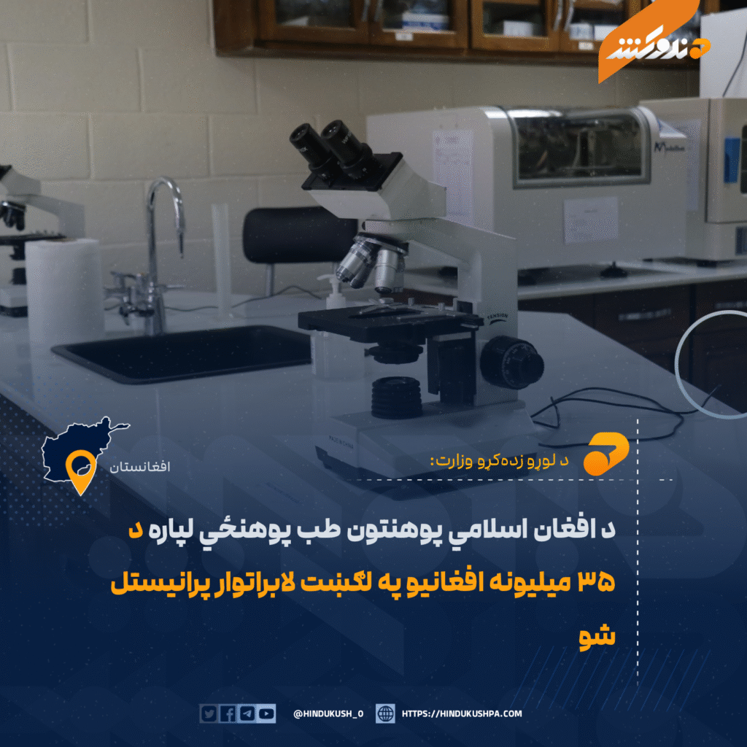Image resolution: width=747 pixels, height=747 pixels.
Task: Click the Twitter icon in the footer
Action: tap(209, 713)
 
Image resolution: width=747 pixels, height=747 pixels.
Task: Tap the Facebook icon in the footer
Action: tap(228, 713)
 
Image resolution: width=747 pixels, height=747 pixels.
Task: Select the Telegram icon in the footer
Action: tap(247, 713)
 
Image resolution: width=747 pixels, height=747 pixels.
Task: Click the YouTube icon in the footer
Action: tap(266, 713)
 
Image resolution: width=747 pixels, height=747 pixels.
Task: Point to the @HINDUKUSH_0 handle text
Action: tap(328, 713)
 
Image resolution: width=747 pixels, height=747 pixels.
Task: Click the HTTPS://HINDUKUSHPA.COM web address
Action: tap(462, 713)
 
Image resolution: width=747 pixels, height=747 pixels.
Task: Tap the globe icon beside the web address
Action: tap(385, 713)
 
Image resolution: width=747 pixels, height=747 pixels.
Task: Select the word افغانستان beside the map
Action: tap(139, 466)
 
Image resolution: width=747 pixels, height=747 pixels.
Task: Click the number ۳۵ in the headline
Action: tap(597, 582)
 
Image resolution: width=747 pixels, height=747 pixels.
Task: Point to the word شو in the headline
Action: tap(597, 636)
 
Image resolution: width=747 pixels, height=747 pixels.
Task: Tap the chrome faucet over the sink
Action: tap(158, 252)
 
